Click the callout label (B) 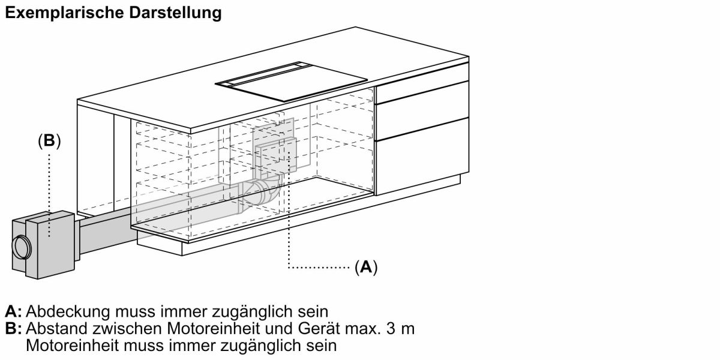[49, 140]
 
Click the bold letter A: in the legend [13, 312]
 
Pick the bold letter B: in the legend [13, 329]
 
